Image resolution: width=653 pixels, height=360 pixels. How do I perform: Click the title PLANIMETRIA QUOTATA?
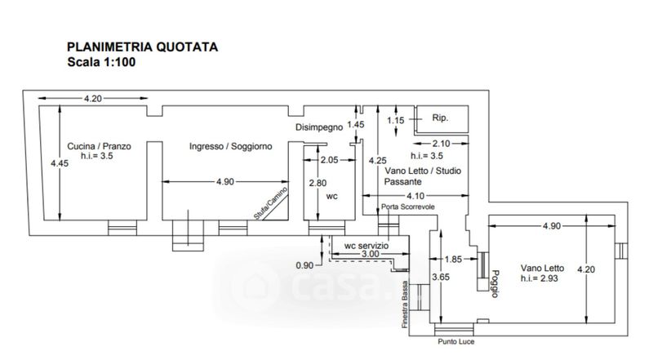tap(142, 47)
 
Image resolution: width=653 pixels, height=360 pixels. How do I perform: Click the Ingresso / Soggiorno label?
tap(230, 146)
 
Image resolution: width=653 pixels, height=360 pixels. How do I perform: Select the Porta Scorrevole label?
tap(408, 207)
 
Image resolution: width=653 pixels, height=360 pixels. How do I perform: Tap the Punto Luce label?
tap(455, 341)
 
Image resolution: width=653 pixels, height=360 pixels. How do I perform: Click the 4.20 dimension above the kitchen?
tap(93, 99)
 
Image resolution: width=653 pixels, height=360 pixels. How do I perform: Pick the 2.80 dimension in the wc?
tap(318, 183)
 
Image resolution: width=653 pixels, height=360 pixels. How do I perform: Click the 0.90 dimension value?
tap(304, 265)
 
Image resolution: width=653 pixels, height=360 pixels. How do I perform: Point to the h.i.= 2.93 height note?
tap(544, 279)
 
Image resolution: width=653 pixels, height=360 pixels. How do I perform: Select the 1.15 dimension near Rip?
tap(395, 121)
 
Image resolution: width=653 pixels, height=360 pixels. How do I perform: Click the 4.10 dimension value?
tap(415, 196)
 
